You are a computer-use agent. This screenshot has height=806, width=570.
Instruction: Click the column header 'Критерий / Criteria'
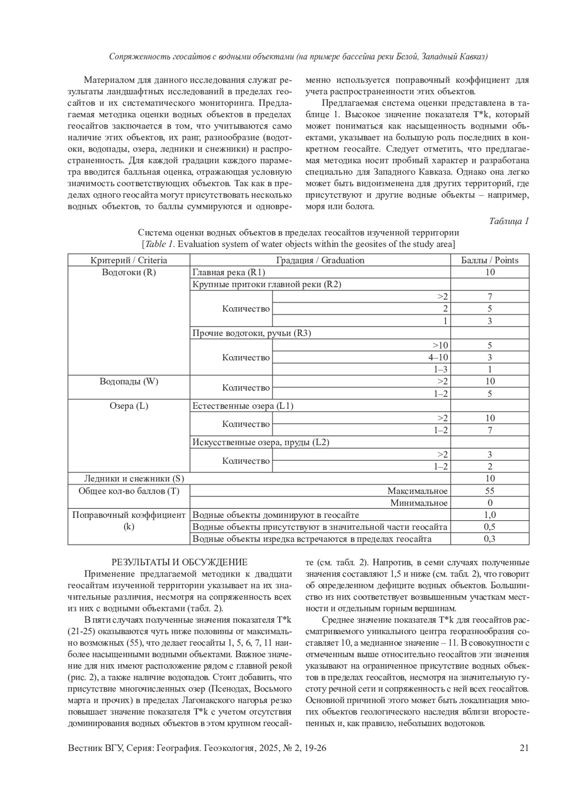click(x=129, y=260)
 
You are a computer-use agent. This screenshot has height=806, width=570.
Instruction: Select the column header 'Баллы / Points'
click(x=490, y=260)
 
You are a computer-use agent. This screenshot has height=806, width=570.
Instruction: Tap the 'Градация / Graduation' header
click(x=320, y=260)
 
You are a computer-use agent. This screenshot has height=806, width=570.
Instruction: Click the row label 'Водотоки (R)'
click(x=129, y=272)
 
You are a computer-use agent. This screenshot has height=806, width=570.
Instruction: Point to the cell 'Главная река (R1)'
click(x=229, y=272)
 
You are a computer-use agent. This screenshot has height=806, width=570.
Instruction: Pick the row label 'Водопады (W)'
click(x=129, y=382)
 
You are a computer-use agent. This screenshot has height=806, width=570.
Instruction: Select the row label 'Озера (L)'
click(x=129, y=406)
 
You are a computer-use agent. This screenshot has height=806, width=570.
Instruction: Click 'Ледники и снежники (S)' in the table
click(x=134, y=478)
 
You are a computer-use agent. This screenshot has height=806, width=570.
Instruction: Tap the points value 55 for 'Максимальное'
click(x=490, y=491)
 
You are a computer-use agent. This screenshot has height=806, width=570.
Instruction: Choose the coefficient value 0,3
click(x=490, y=539)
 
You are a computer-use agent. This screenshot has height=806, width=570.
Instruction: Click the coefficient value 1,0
click(x=490, y=515)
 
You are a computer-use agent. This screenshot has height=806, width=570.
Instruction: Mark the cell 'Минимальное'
click(x=419, y=503)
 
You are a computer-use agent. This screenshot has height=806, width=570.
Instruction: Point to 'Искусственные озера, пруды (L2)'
click(x=261, y=442)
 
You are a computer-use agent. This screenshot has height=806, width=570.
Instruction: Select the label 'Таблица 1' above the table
click(x=509, y=221)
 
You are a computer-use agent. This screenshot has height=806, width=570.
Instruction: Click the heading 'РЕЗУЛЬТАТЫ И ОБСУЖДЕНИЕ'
click(x=179, y=562)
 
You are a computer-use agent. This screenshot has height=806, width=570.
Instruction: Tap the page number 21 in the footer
click(x=524, y=748)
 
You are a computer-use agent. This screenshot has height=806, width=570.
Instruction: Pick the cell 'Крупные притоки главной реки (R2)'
click(x=267, y=284)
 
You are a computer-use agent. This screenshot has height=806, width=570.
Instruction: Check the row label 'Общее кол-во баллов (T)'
click(x=129, y=491)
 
